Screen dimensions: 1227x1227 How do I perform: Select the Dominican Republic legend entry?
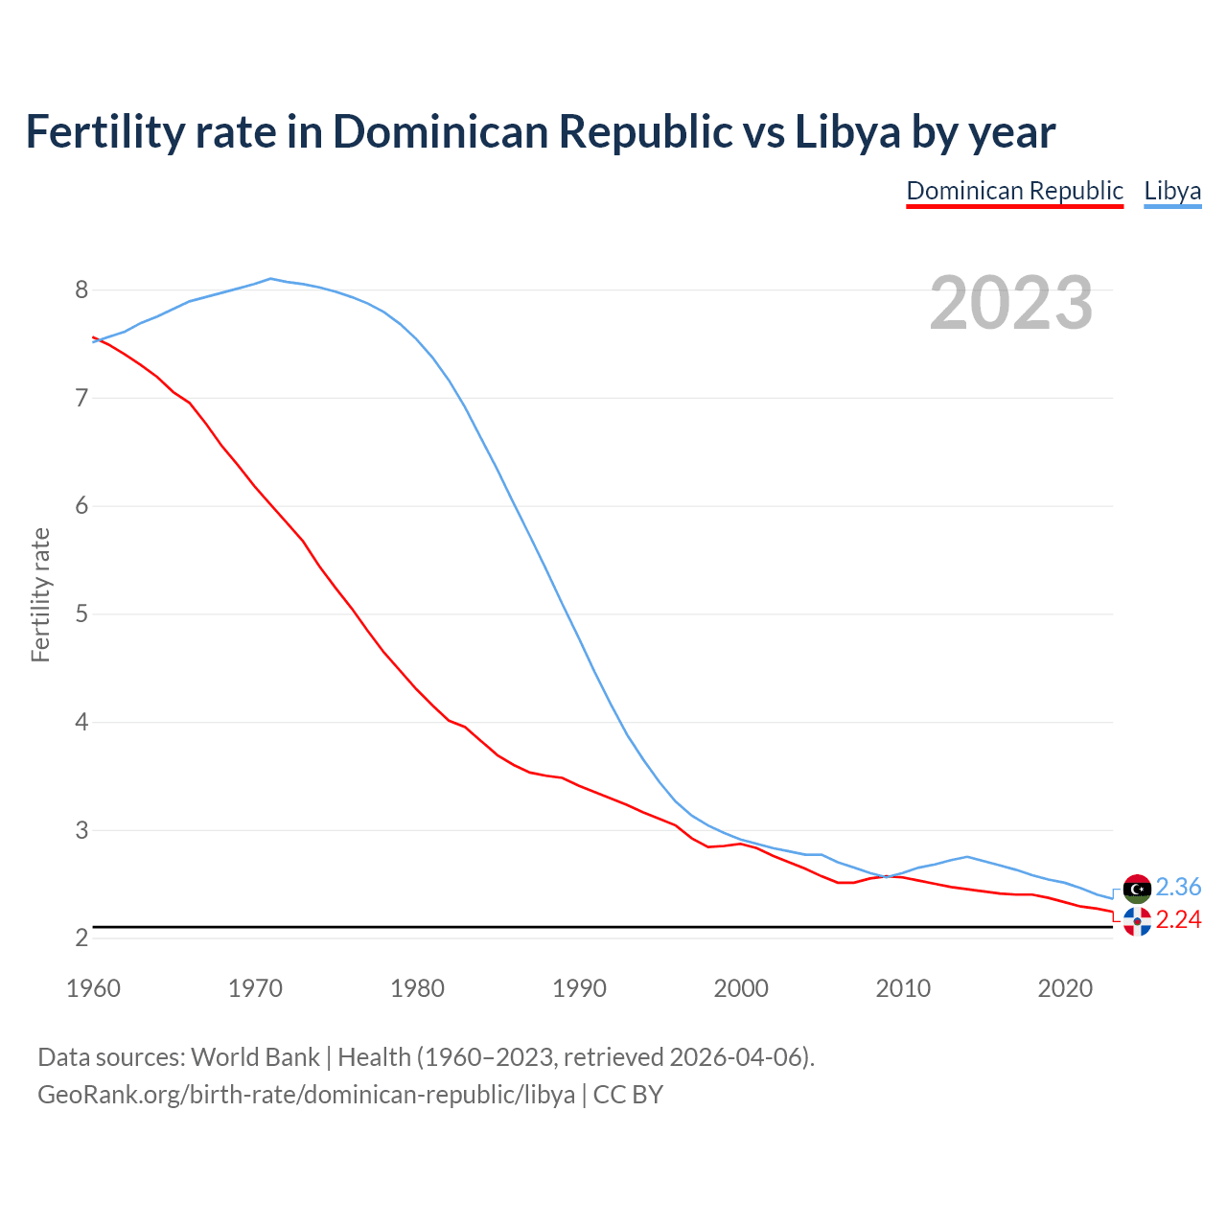click(1014, 191)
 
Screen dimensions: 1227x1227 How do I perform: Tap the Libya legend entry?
click(1172, 191)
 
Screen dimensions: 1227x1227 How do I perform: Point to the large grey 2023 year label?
click(1011, 303)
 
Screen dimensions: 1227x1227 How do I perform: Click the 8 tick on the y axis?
click(81, 289)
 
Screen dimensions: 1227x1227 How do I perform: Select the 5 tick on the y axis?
click(81, 613)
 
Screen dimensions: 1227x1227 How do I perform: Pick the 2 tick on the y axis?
click(81, 938)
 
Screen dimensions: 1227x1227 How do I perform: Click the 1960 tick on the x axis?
click(93, 988)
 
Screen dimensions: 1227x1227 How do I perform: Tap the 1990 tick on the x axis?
click(579, 988)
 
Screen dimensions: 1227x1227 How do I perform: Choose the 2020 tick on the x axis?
click(1065, 988)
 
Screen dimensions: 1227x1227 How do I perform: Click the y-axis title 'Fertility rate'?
click(40, 594)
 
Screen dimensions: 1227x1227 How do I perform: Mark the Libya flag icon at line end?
click(1137, 889)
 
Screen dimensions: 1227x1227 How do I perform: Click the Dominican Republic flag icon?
click(1137, 921)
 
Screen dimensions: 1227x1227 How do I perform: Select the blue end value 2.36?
click(1178, 887)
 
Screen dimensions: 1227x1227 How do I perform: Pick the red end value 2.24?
click(1178, 919)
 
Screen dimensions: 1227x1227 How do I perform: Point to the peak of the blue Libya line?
click(270, 278)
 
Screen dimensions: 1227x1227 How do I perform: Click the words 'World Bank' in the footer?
click(255, 1057)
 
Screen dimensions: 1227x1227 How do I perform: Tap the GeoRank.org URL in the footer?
click(306, 1094)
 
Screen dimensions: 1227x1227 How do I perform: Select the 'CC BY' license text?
click(628, 1094)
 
